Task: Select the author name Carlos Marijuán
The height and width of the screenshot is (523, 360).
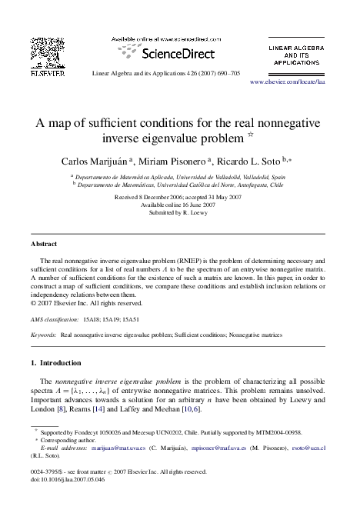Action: (95, 161)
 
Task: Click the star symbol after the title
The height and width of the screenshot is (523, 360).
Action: (262, 136)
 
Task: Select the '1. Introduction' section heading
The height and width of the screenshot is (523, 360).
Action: (61, 362)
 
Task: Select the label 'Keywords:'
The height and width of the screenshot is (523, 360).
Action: (42, 335)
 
